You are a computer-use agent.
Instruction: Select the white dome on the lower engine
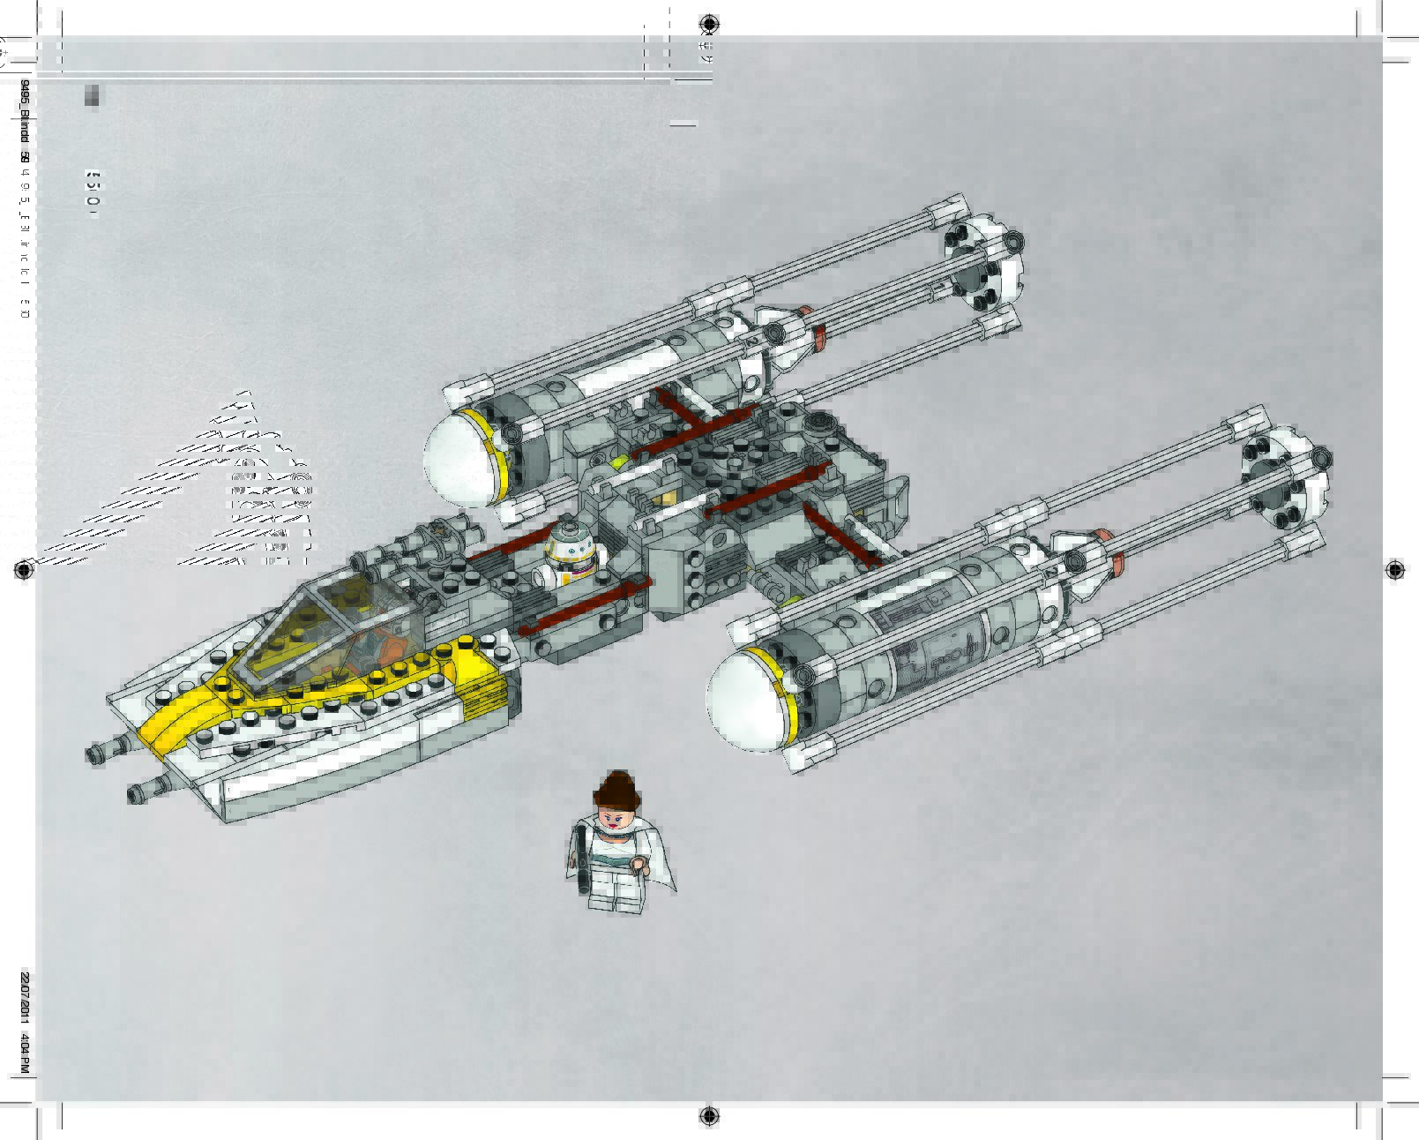tap(744, 700)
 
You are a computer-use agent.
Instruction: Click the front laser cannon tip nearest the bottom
tap(140, 793)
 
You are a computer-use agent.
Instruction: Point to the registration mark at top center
tap(710, 23)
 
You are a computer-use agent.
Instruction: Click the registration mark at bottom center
tap(710, 1116)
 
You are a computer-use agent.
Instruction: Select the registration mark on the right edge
tap(1394, 570)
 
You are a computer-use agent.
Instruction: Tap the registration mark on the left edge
tap(25, 571)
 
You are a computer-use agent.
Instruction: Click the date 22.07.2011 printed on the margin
tap(25, 997)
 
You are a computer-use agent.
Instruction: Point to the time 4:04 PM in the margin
tap(25, 1054)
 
